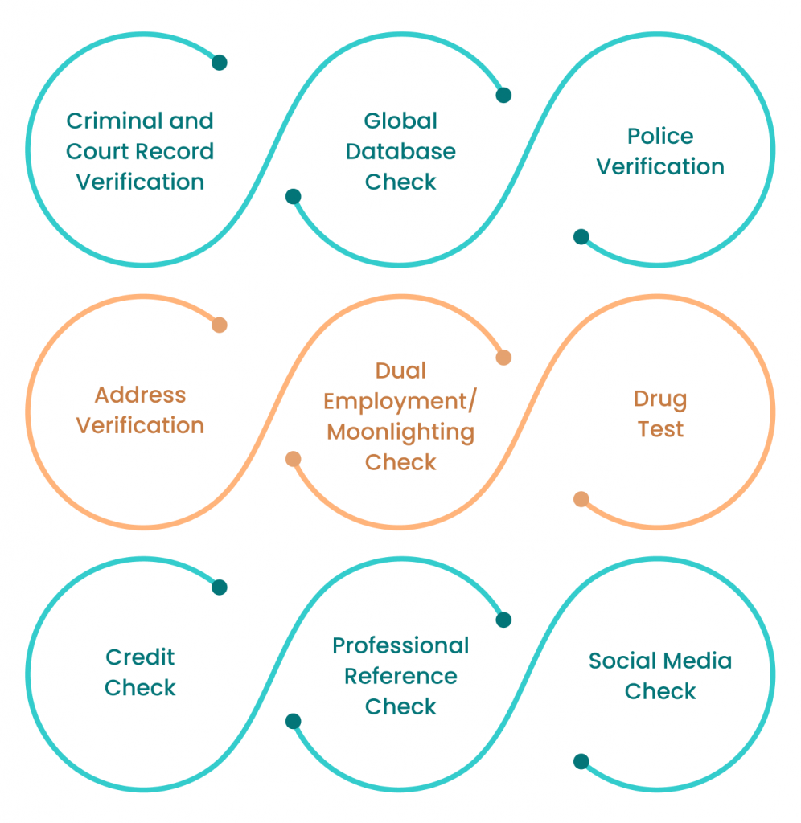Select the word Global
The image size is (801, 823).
(x=400, y=121)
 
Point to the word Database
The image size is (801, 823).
(x=400, y=152)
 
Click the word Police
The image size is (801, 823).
(x=659, y=137)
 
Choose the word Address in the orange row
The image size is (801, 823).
(x=140, y=395)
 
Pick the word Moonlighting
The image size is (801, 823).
(x=400, y=432)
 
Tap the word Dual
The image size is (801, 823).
(x=400, y=371)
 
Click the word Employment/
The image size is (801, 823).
(x=400, y=402)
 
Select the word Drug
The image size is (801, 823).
(x=659, y=399)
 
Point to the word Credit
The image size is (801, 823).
(x=140, y=657)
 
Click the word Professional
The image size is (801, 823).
(x=400, y=646)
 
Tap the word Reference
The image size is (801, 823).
(x=400, y=677)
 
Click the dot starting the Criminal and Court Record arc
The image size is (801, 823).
(x=219, y=63)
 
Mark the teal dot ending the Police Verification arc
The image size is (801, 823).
(x=581, y=237)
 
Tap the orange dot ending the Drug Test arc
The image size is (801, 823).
(x=581, y=499)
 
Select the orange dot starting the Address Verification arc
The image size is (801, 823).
(x=219, y=325)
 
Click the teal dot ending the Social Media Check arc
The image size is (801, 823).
(x=581, y=761)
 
